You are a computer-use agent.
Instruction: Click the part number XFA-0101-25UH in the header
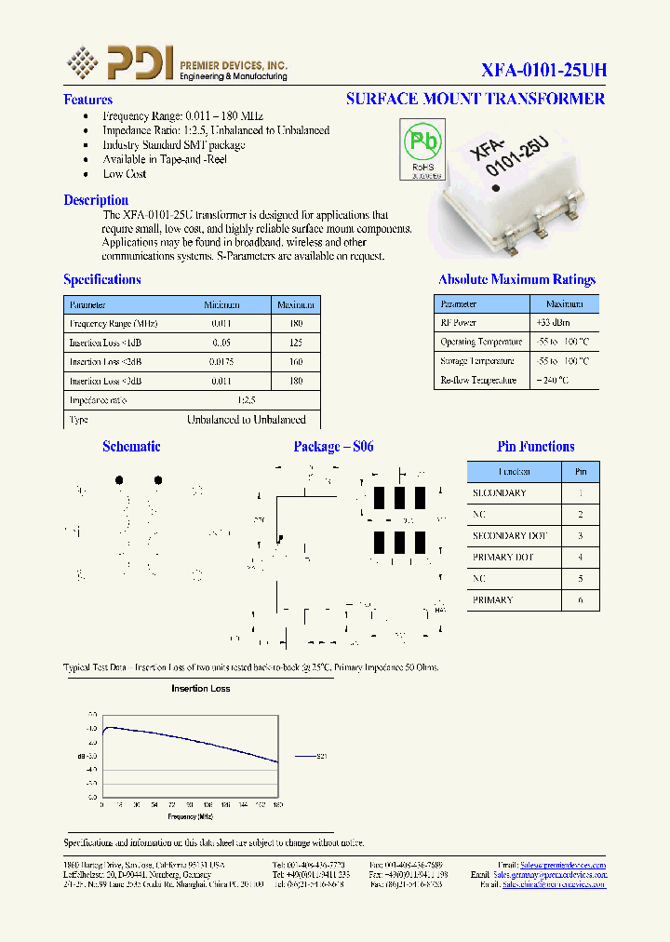point(544,71)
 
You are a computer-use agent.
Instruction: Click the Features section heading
point(87,100)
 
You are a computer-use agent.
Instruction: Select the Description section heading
point(96,200)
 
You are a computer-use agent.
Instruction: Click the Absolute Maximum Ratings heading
point(516,279)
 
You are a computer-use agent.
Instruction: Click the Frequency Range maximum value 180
point(296,323)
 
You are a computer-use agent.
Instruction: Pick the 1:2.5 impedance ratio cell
point(246,400)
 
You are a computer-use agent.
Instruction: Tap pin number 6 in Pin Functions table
point(580,599)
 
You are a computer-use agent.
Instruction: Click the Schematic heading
point(131,447)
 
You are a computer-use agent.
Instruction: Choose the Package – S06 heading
point(333,447)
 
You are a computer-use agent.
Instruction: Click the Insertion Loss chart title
point(200,689)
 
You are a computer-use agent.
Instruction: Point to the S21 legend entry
point(320,757)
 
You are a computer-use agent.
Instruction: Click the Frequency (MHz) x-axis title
point(191,816)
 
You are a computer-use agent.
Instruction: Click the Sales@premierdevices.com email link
point(562,865)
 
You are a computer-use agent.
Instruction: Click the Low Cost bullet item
point(125,174)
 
